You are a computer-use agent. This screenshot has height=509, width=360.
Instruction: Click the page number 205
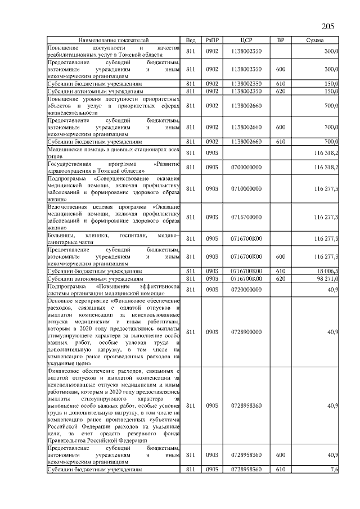tap(328, 26)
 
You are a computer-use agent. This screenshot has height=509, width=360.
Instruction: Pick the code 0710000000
tap(246, 188)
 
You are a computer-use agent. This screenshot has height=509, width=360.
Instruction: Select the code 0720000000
tap(246, 289)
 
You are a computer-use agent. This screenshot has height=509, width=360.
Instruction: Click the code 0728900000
tap(246, 332)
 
